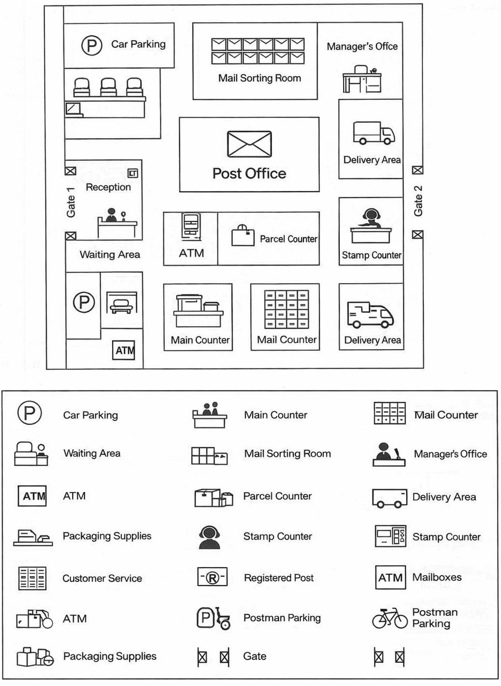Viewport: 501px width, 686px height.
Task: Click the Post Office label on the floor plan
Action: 249,173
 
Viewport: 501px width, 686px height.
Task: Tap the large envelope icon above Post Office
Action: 249,144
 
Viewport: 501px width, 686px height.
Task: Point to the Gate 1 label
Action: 71,203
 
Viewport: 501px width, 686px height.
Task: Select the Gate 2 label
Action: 418,201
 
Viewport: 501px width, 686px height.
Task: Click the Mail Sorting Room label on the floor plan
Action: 260,78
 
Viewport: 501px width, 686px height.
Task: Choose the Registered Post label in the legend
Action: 279,578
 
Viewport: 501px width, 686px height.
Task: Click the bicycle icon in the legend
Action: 390,618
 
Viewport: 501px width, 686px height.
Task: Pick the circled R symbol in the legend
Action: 212,577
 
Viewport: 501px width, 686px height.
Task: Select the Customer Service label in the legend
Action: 102,578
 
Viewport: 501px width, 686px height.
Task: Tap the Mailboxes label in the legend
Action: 437,577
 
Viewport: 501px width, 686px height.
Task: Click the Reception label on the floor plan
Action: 108,187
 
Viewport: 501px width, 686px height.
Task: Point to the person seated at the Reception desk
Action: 111,215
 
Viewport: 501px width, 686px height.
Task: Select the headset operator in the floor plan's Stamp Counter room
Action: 372,217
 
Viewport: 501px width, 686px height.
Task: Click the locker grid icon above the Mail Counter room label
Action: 287,309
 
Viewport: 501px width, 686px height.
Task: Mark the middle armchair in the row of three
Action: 108,87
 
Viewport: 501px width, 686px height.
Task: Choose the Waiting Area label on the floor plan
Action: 110,255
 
